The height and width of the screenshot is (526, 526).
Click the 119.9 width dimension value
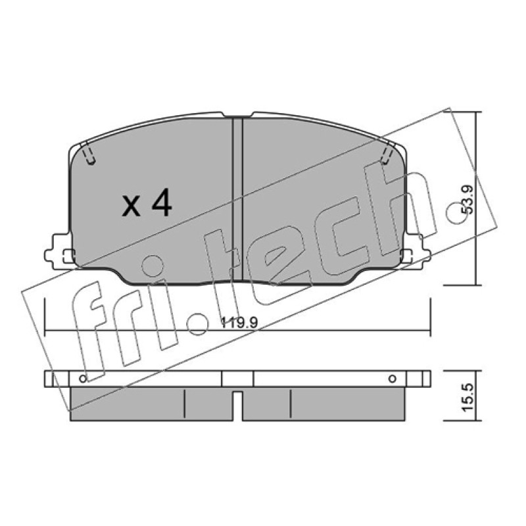click(239, 323)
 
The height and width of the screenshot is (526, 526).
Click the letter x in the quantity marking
click(131, 206)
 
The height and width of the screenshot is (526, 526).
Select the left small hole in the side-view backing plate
click(83, 379)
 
